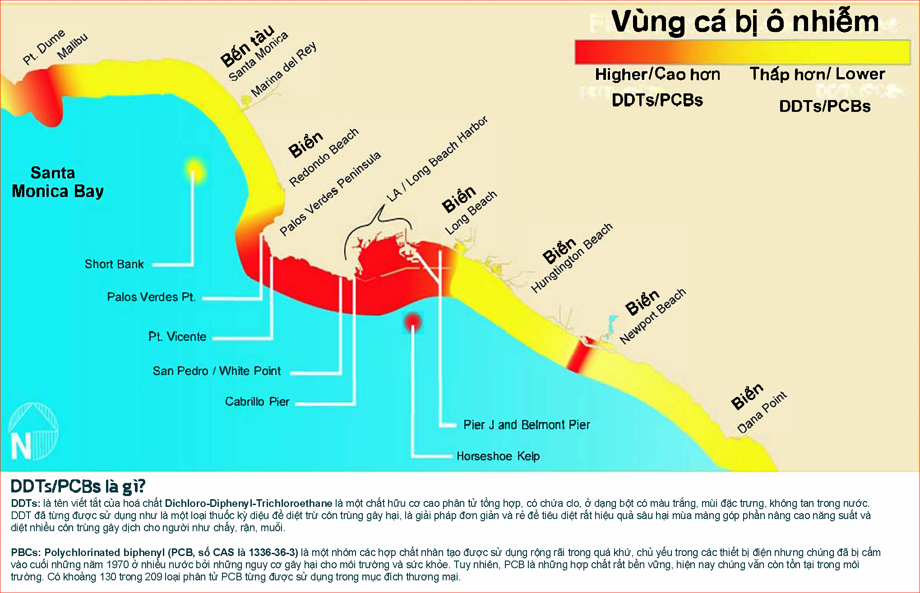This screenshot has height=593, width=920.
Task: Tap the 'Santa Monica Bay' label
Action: click(57, 182)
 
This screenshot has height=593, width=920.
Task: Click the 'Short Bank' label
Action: click(114, 264)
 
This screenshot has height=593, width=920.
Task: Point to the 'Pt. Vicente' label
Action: click(177, 336)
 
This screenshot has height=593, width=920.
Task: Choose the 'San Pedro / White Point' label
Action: click(217, 371)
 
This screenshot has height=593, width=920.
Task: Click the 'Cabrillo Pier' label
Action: click(257, 402)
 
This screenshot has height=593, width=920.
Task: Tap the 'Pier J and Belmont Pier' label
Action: click(527, 425)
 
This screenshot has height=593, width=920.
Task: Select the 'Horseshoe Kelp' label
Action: click(498, 456)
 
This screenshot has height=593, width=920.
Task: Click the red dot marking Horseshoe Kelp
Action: click(413, 322)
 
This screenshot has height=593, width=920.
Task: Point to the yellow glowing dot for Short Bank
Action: click(194, 171)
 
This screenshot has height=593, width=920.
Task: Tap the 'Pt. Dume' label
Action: click(44, 47)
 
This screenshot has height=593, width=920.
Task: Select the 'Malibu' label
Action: click(73, 46)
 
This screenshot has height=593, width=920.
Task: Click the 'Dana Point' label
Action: click(762, 412)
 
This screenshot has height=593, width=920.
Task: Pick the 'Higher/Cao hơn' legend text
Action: click(657, 74)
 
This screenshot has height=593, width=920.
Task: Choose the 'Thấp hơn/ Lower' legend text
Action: click(817, 74)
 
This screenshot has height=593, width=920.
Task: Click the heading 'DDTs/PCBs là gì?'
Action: click(78, 486)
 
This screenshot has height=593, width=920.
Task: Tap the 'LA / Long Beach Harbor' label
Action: click(437, 159)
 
